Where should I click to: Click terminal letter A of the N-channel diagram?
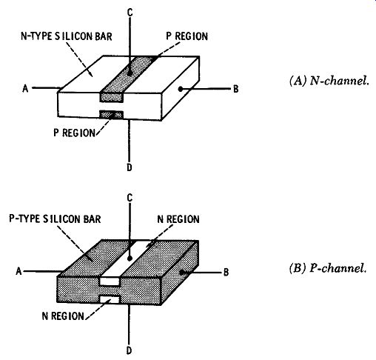(x=25, y=88)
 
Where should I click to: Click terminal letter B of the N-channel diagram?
(x=236, y=89)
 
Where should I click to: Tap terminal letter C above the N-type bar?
(x=130, y=13)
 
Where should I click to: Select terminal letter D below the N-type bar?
(x=130, y=167)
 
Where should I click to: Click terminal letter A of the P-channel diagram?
(x=19, y=271)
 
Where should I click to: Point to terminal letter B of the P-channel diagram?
(x=226, y=272)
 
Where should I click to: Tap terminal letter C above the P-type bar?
(x=130, y=198)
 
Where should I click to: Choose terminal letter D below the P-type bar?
(x=129, y=350)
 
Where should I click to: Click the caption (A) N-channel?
(x=329, y=81)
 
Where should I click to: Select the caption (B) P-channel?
(x=328, y=268)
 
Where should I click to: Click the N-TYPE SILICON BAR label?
(x=67, y=36)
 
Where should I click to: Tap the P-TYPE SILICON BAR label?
(x=55, y=219)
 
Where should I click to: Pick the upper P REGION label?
(x=187, y=36)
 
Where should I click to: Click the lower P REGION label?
(x=74, y=133)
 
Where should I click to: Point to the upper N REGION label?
(x=178, y=219)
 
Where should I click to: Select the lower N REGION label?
(x=63, y=316)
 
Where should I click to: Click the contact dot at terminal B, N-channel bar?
(x=181, y=89)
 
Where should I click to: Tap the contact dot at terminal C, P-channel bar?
(x=130, y=259)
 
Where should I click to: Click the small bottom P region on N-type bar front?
(x=111, y=115)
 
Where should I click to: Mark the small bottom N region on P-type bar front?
(x=110, y=299)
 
